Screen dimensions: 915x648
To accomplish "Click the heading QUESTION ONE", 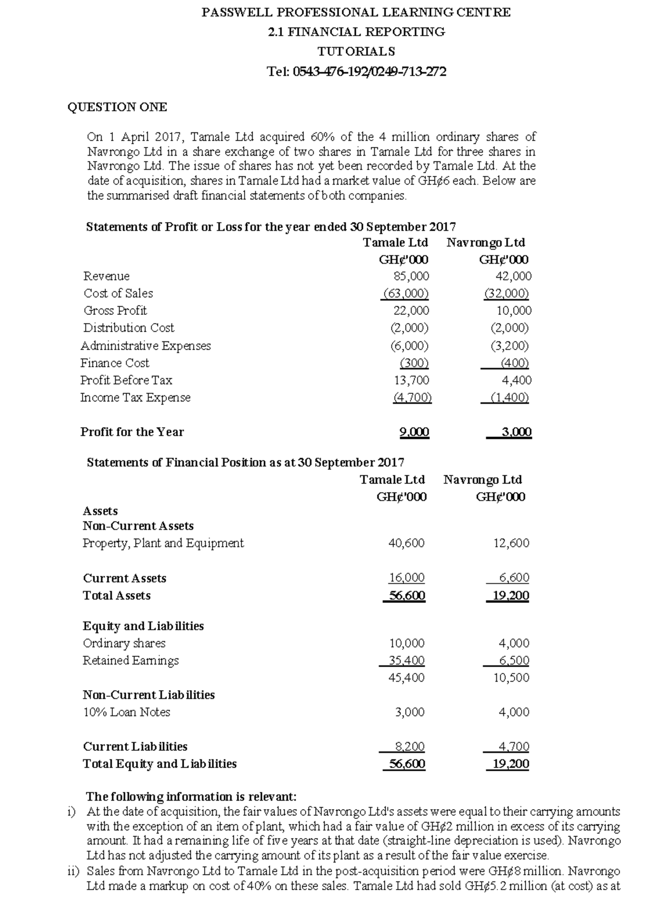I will [x=117, y=107].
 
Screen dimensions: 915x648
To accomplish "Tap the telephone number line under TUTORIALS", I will [x=356, y=71].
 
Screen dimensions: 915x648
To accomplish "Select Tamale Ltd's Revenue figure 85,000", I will [x=411, y=276].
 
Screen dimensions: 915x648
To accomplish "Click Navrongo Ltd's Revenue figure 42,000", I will [x=513, y=276].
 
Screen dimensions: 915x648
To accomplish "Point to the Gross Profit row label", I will [x=115, y=311].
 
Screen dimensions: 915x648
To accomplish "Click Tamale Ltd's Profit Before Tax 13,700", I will [x=411, y=380].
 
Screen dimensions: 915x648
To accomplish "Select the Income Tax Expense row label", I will [x=136, y=398].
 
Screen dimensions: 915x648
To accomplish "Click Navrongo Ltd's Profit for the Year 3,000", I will [x=516, y=432].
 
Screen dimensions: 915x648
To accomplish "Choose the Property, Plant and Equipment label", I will [x=163, y=543].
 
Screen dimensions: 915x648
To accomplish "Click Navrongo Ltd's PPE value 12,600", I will [x=511, y=543].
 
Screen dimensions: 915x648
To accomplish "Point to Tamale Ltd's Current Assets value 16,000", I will [x=407, y=578].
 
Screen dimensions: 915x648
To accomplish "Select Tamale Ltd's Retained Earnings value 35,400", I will [x=407, y=660].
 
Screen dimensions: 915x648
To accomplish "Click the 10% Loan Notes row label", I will [x=126, y=712].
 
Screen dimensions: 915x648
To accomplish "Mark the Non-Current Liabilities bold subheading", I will [x=148, y=695].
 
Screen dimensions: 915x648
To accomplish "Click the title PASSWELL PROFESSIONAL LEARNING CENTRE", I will [x=356, y=12].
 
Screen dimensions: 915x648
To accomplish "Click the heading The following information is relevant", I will [x=191, y=797].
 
